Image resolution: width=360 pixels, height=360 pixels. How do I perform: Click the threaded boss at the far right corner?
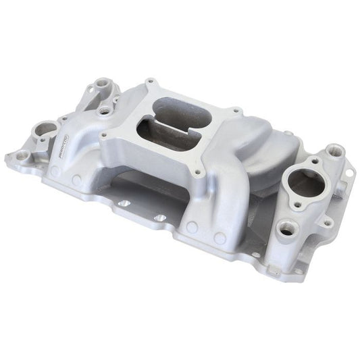333,150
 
